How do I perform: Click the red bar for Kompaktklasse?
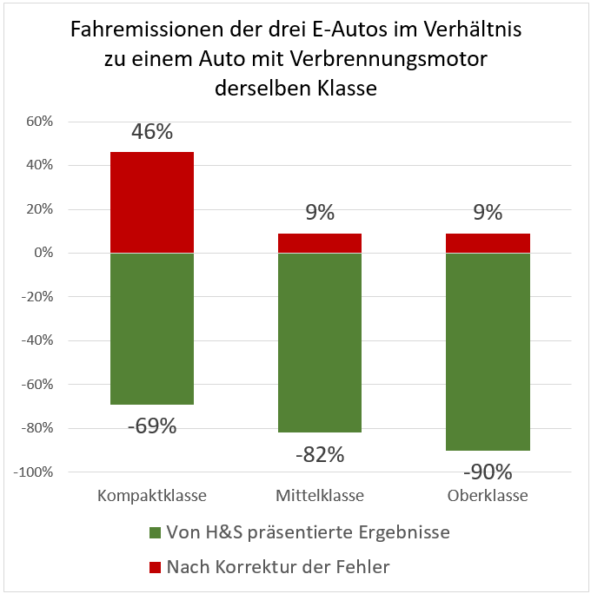(x=152, y=202)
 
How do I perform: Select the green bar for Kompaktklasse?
(x=152, y=328)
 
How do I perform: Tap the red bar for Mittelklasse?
(x=320, y=243)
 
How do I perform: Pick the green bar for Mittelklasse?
(x=320, y=342)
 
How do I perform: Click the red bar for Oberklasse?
(x=488, y=243)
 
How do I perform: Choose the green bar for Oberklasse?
(x=488, y=351)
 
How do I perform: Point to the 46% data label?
(x=152, y=132)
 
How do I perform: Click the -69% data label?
(x=152, y=426)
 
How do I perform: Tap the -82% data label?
(x=320, y=453)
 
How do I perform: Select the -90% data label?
(x=488, y=472)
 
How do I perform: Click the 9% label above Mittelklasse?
(x=320, y=214)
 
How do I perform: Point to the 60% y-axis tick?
(x=39, y=122)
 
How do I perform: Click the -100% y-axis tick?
(x=34, y=472)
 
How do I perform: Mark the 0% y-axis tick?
(x=43, y=253)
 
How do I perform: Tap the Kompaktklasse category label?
(x=152, y=497)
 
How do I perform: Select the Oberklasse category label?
(x=488, y=497)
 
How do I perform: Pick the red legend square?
(x=156, y=567)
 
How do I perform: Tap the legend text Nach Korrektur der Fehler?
(x=278, y=567)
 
